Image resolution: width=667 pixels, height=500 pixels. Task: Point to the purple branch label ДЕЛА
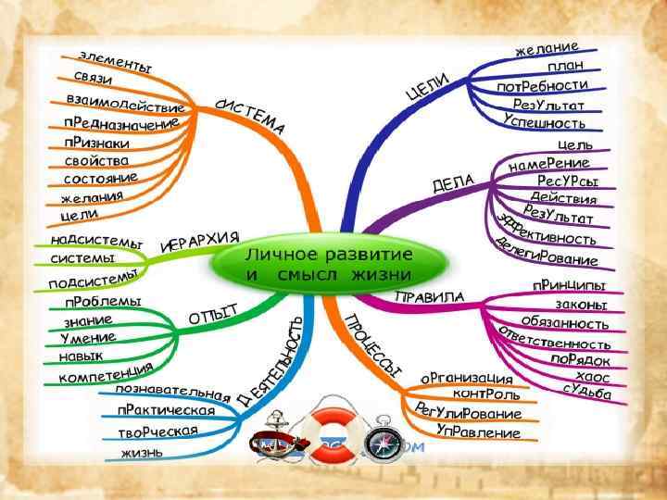453,181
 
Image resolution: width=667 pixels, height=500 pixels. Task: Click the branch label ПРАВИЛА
429,297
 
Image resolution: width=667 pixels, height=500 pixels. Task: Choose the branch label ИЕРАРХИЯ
200,243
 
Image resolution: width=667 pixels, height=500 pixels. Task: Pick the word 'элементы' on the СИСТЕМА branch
116,63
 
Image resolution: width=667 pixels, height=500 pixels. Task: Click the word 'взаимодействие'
125,102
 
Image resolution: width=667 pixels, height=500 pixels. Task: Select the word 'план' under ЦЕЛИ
565,67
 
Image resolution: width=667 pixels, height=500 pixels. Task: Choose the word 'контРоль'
487,394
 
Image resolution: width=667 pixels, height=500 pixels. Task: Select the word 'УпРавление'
478,431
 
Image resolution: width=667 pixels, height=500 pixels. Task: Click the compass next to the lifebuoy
381,443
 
